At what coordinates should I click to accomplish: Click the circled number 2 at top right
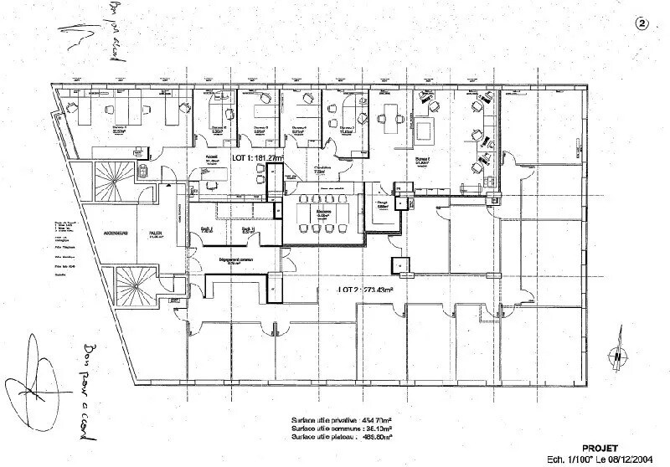(642, 24)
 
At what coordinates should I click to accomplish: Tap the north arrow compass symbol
(617, 354)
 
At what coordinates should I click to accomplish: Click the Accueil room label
(213, 157)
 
